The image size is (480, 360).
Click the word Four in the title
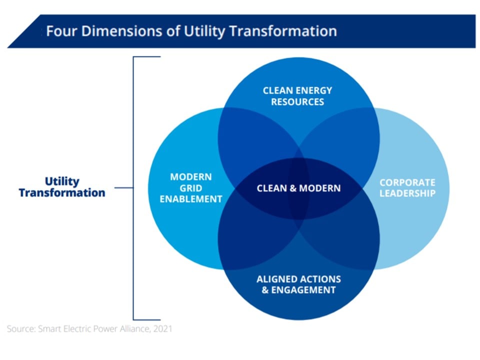click(x=61, y=31)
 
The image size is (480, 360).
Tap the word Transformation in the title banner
click(x=283, y=31)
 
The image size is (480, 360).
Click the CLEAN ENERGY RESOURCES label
click(x=297, y=96)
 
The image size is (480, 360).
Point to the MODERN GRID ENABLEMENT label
click(x=191, y=188)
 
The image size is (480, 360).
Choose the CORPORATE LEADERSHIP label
click(x=407, y=188)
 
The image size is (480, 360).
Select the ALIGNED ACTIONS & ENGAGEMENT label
click(x=299, y=284)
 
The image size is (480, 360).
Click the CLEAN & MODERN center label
click(x=299, y=188)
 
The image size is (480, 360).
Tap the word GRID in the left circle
click(x=191, y=188)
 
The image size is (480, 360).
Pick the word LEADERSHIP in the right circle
click(x=407, y=193)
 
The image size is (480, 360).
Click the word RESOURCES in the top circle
click(x=297, y=101)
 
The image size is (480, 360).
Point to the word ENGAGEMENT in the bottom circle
click(x=303, y=290)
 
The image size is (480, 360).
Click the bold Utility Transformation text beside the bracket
click(x=62, y=187)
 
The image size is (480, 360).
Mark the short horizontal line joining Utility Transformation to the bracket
click(x=123, y=187)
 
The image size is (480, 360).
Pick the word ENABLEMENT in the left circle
click(x=191, y=199)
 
